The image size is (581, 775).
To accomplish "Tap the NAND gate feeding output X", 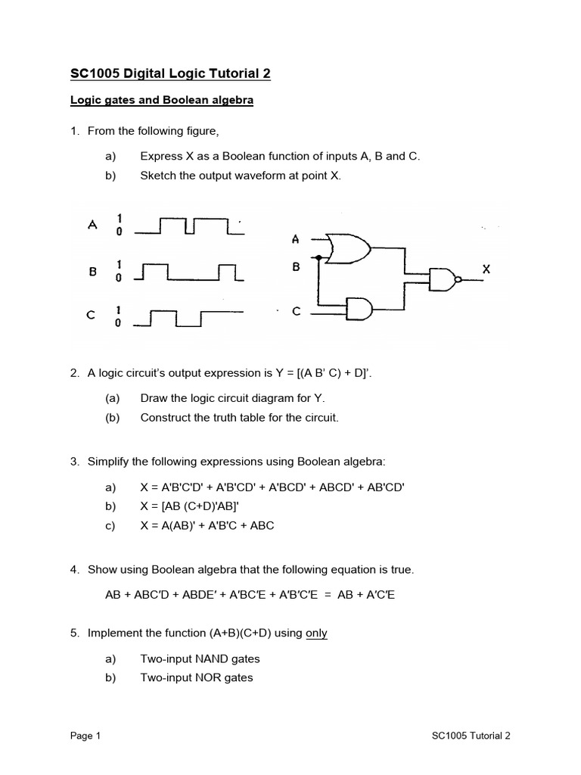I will [443, 279].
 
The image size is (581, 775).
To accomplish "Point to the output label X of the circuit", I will [486, 269].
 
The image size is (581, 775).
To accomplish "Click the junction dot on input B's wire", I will [319, 257].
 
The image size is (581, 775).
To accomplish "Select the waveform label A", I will [92, 225].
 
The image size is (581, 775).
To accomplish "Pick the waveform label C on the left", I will [92, 316].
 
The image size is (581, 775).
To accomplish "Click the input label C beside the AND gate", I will [297, 311].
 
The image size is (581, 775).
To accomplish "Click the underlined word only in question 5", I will [316, 633].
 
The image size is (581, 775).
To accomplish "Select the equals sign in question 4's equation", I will [325, 595].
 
